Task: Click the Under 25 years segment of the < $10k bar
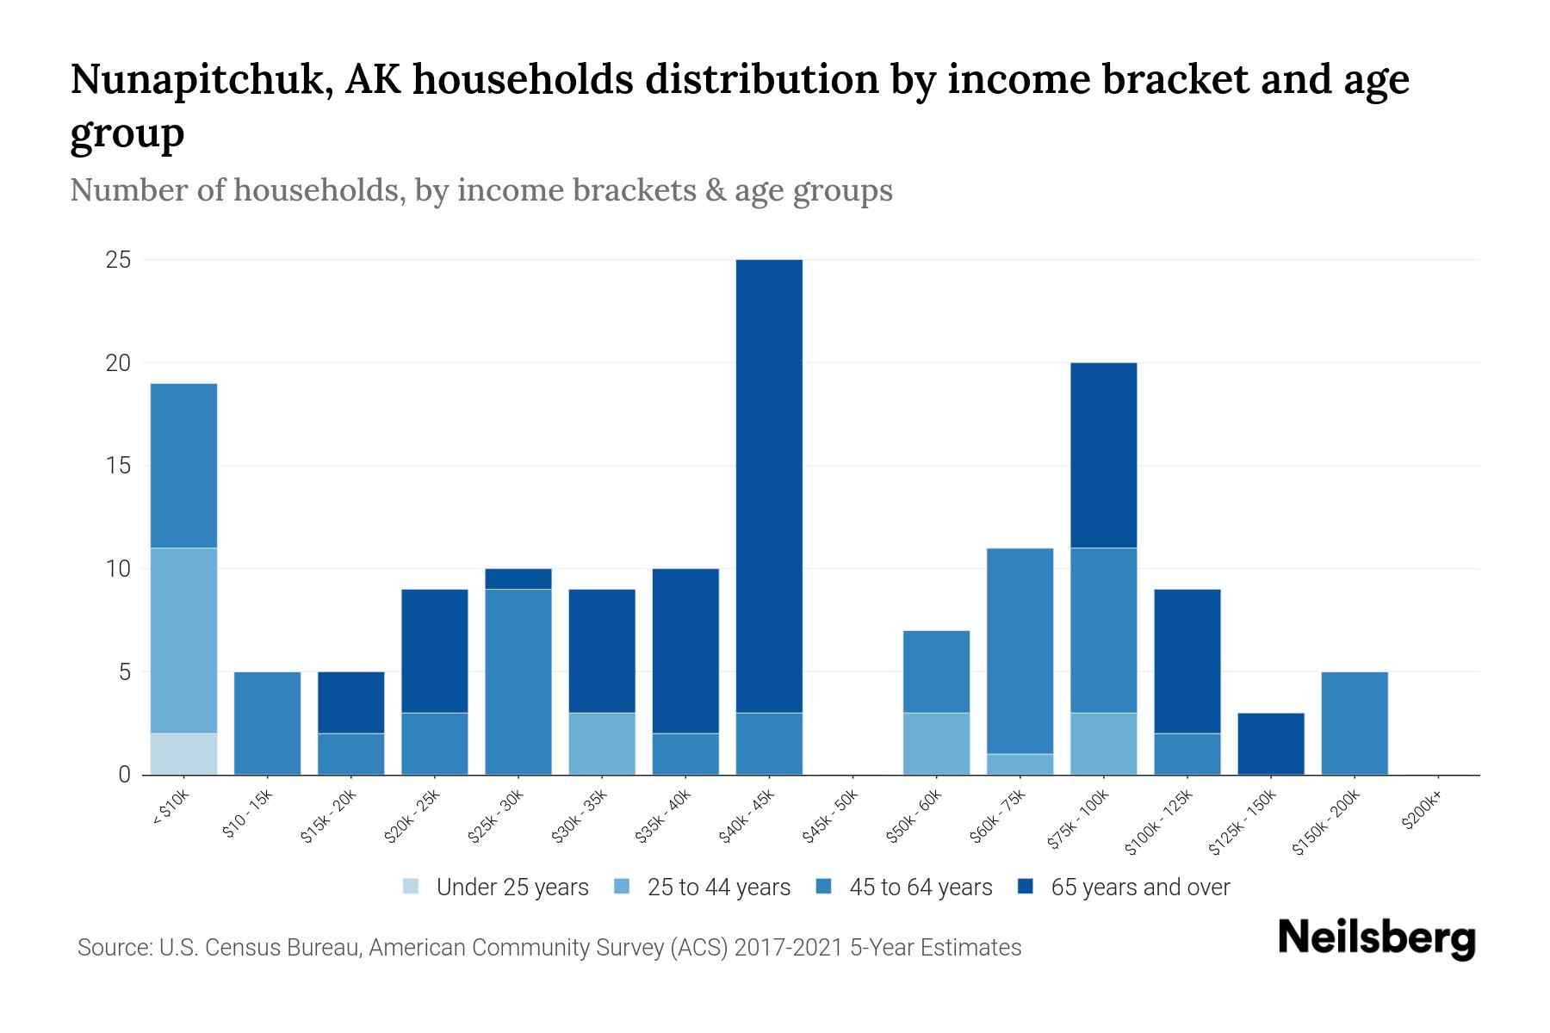point(183,754)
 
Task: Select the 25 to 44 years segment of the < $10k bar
point(183,640)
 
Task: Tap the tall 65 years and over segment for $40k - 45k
point(769,486)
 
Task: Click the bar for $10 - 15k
point(267,723)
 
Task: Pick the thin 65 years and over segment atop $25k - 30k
point(518,578)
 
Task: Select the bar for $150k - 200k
point(1354,723)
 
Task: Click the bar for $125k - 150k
point(1270,744)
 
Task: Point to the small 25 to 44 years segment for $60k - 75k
point(1020,764)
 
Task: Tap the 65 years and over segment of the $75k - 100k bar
point(1103,455)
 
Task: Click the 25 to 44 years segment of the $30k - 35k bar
point(602,744)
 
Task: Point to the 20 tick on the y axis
point(118,363)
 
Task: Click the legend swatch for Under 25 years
point(412,887)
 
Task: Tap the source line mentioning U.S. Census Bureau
point(549,948)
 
